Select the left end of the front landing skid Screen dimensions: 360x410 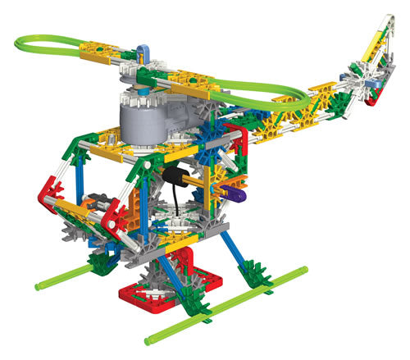coord(39,285)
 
